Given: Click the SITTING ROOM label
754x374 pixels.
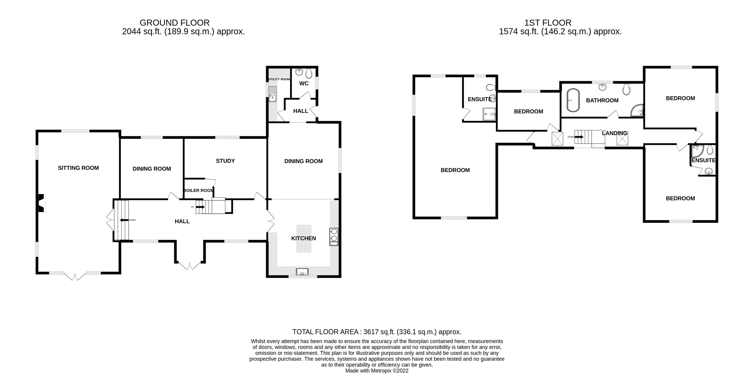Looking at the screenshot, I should (x=78, y=168).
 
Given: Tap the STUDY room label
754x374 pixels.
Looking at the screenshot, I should (x=225, y=161).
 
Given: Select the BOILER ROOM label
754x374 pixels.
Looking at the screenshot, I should (x=198, y=191).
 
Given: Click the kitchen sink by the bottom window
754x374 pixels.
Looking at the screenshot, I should (x=302, y=271).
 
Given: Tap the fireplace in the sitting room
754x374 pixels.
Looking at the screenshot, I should (x=41, y=203).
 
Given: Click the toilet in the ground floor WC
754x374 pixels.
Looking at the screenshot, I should (x=309, y=74).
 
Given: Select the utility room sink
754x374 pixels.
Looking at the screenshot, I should (x=272, y=94).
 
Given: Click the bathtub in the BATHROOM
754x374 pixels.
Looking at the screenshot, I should (x=573, y=100).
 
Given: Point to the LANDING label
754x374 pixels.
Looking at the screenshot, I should (x=615, y=133).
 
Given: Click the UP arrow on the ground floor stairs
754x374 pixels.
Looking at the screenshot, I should (x=200, y=207).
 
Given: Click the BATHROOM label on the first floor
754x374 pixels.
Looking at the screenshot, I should (x=602, y=101).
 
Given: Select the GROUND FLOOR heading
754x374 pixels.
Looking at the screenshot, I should (x=175, y=23).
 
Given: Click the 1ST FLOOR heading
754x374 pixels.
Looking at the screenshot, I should (x=548, y=23).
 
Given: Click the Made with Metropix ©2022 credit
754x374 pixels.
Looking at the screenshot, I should (x=377, y=371).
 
